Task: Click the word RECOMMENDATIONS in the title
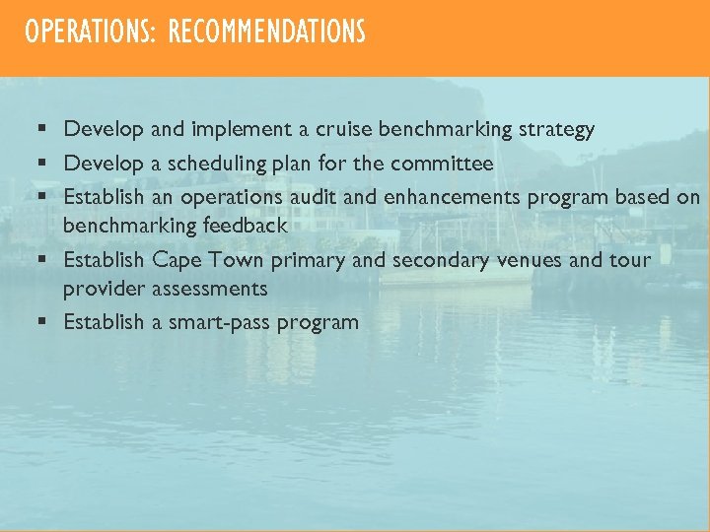(x=266, y=33)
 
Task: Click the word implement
(x=238, y=129)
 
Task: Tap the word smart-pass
(x=218, y=323)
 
